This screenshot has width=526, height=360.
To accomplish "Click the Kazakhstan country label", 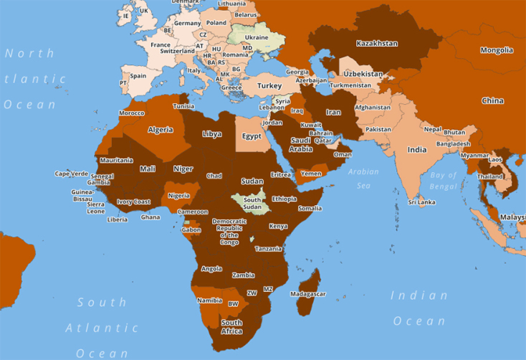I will (x=376, y=43).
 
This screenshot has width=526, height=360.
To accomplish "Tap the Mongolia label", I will (x=497, y=50).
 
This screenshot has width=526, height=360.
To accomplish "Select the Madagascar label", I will (x=308, y=294).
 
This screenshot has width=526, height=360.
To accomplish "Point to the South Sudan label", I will (x=252, y=204).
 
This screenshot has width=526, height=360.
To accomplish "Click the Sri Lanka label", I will (x=422, y=202).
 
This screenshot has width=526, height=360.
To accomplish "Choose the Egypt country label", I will (x=252, y=136).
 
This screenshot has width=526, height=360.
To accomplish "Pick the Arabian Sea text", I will (x=363, y=178).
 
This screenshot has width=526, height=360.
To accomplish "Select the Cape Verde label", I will (x=72, y=174).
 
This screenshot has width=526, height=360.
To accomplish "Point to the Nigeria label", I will (x=178, y=195).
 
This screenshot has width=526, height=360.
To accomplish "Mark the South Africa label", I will (x=231, y=327).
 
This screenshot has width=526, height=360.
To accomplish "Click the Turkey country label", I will (x=269, y=86).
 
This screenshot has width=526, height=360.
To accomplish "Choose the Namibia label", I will (x=209, y=300).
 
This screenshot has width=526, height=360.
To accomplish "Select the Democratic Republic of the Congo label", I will (x=229, y=232).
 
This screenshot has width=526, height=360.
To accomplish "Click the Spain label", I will (x=138, y=76).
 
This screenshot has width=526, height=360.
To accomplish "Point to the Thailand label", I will (x=491, y=176).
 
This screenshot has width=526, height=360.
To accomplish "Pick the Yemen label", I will (x=312, y=174).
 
